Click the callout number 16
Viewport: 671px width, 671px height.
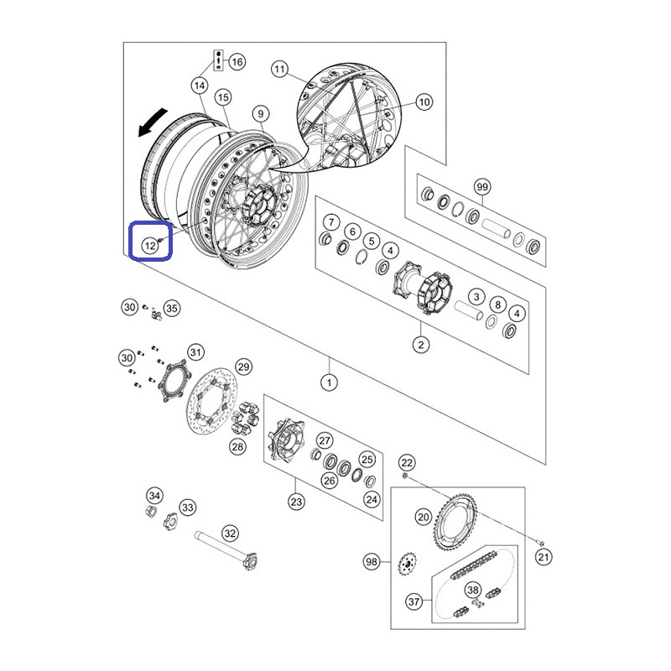pos(237,62)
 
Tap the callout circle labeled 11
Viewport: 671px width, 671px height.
pos(279,69)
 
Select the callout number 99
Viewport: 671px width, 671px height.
pos(482,187)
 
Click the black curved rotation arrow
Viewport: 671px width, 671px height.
pos(152,122)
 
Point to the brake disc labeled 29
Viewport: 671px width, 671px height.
pos(212,401)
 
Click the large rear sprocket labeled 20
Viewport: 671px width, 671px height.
pos(456,521)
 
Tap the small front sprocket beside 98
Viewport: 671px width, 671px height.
pos(407,564)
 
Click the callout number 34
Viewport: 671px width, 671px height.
pos(154,496)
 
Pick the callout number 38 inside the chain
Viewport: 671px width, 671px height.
pos(473,590)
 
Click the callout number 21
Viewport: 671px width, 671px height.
pos(543,557)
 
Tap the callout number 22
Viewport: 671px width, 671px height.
pos(407,462)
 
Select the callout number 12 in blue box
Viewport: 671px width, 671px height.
pos(150,246)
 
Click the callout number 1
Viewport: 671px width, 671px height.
pos(329,382)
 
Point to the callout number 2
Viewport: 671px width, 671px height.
pos(421,345)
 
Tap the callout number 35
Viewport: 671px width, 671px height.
pos(172,308)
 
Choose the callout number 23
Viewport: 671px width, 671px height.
pos(296,502)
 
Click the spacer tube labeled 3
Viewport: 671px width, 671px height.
pos(469,310)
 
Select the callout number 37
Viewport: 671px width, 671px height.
pos(414,601)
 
